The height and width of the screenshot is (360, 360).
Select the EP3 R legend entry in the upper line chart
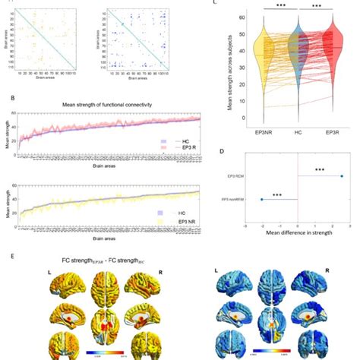[x=156, y=149]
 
